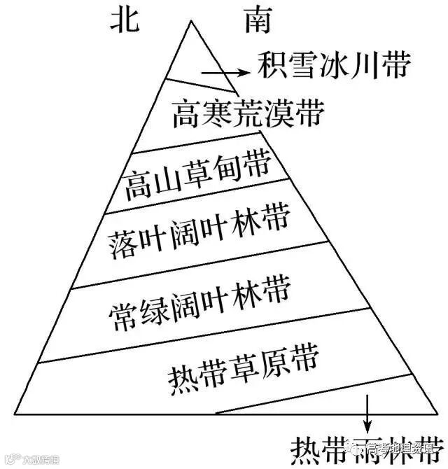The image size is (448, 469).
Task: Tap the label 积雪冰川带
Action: point(332,66)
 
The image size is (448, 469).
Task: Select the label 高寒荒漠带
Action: point(249,112)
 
